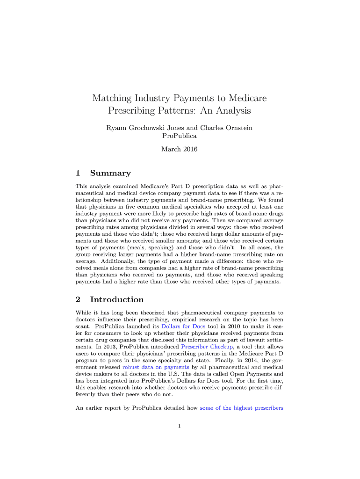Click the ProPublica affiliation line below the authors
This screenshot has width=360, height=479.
click(x=180, y=136)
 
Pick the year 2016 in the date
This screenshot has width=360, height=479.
click(x=190, y=149)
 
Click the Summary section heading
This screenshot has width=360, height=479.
click(x=110, y=173)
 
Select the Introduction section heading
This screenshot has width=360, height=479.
click(x=117, y=299)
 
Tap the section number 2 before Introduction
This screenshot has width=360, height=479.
click(x=78, y=299)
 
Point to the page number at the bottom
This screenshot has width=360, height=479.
click(x=180, y=426)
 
